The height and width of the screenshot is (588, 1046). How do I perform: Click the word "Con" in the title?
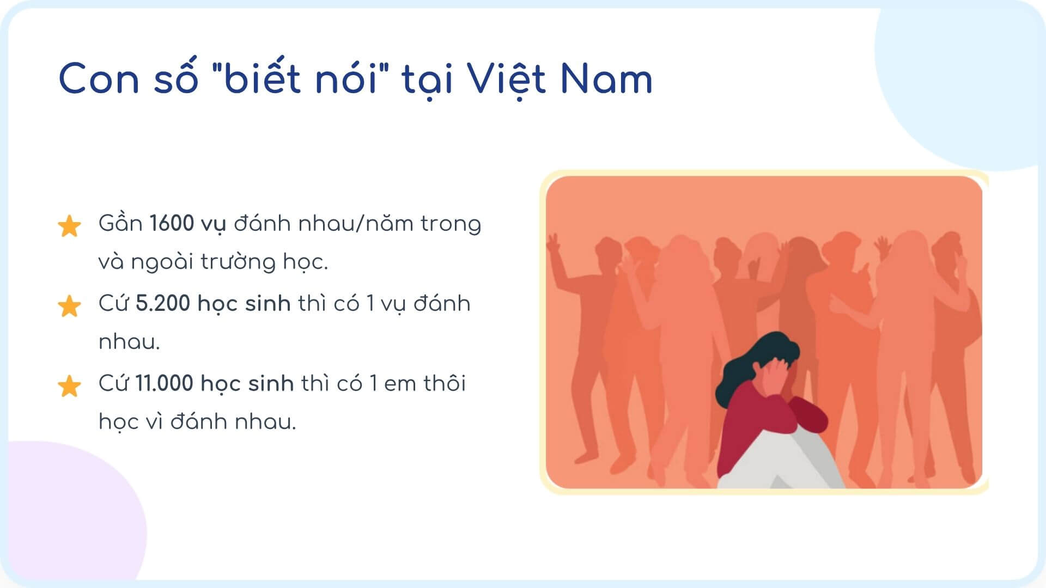tap(99, 79)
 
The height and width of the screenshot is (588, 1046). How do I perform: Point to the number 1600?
tap(172, 223)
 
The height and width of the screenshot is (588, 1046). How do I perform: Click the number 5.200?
tap(162, 303)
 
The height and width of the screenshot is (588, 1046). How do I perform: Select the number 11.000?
tap(164, 383)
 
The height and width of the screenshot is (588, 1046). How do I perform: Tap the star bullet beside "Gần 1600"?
tap(69, 226)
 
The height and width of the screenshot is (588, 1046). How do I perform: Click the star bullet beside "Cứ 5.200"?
tap(69, 306)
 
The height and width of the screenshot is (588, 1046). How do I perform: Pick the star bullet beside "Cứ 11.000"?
tap(69, 386)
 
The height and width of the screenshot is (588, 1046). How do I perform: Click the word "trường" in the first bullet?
tap(238, 262)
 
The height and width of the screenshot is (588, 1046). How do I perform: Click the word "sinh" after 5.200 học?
tap(267, 303)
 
